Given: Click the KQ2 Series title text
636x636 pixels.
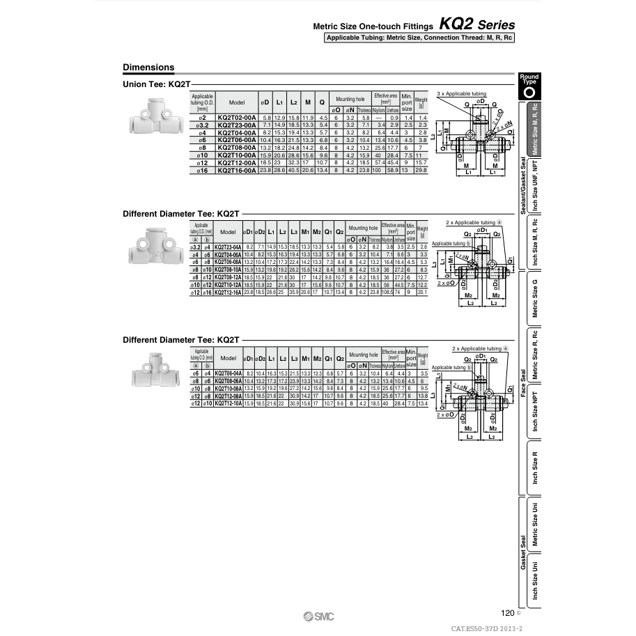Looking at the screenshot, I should tap(477, 24).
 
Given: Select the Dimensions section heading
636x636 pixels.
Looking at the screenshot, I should tap(148, 68).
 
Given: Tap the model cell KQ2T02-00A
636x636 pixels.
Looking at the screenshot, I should tap(237, 118).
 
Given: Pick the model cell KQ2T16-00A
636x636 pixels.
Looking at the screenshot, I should tap(237, 170).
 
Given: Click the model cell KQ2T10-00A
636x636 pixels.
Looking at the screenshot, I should tap(237, 155).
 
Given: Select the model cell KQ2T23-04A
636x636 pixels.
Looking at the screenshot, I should tap(228, 247).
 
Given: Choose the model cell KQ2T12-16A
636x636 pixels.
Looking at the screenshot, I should tap(228, 293).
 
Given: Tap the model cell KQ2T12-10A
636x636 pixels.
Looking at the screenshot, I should tap(228, 403).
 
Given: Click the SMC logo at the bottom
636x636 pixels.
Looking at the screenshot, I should tap(319, 615).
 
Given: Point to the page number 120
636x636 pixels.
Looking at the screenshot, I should tap(508, 613).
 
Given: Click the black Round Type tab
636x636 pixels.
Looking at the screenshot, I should tap(529, 86).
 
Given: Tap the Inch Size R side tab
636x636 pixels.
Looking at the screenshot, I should tap(535, 467).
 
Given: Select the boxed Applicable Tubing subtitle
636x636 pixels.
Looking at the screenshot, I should tap(420, 38).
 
